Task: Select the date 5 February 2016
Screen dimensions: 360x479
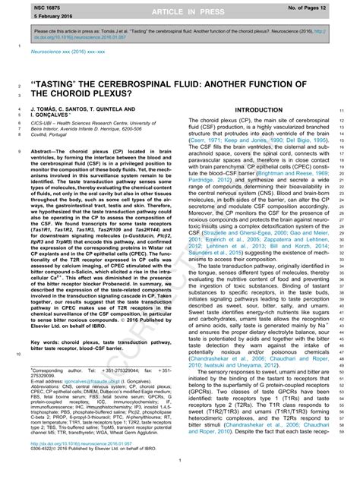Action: (x=30, y=15)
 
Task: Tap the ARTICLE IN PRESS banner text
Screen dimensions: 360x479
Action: (x=181, y=10)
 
